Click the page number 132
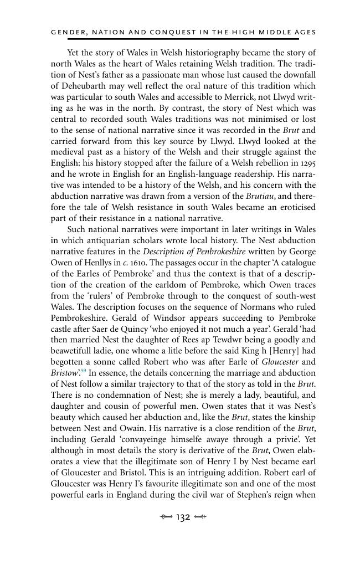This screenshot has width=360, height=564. [183, 517]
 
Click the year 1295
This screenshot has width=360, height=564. [307, 163]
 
